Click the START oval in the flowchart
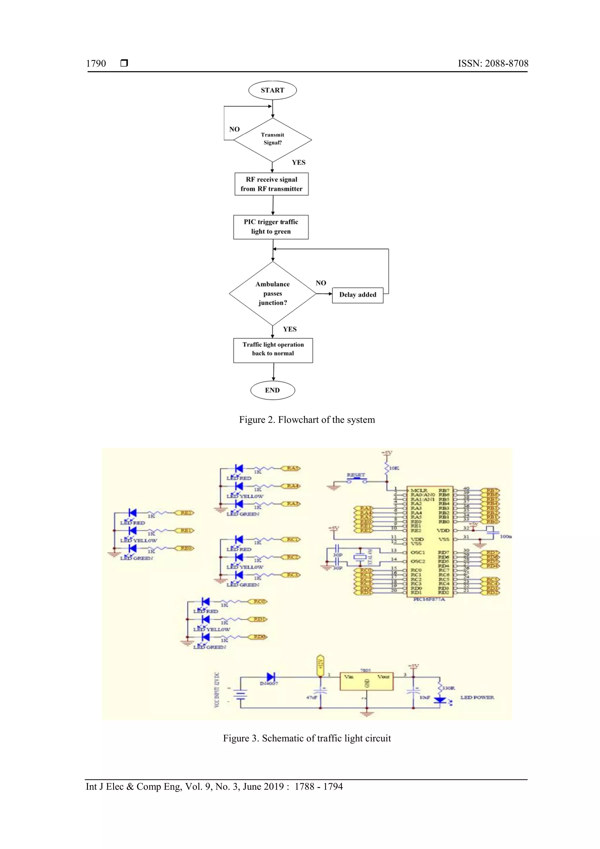point(272,90)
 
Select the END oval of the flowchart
point(272,390)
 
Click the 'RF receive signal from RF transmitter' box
point(272,184)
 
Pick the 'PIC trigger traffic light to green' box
point(271,227)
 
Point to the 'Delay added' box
point(357,295)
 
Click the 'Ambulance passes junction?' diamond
point(272,293)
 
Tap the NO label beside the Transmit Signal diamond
point(234,129)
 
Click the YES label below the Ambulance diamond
point(290,329)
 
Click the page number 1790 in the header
point(96,64)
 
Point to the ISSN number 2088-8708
point(506,64)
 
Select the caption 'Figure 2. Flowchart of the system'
point(307,420)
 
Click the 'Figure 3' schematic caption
point(307,738)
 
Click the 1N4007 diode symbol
point(271,677)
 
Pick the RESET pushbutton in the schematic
point(356,480)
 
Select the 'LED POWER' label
point(477,697)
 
